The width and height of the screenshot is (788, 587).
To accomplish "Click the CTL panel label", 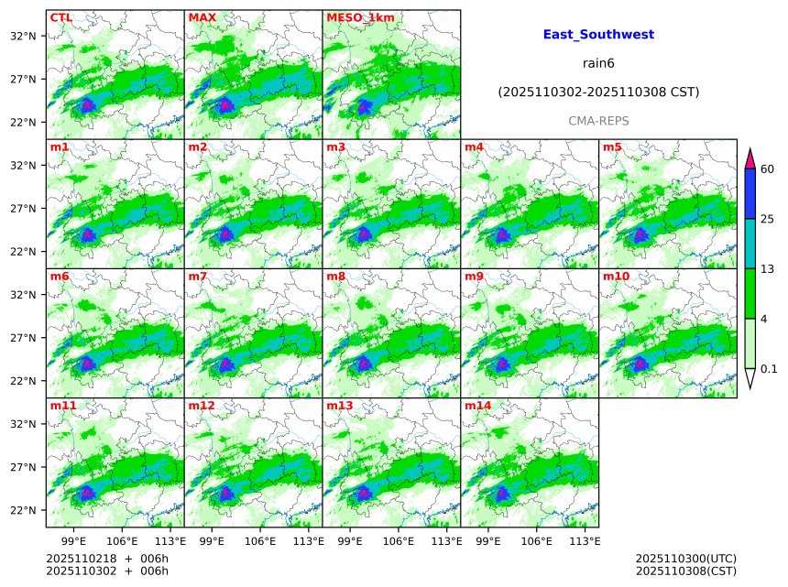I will point(61,17).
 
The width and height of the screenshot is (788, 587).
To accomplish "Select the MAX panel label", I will point(202,17).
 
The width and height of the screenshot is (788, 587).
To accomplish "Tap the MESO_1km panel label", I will point(360,17).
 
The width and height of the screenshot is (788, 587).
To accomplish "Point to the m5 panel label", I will point(612,147).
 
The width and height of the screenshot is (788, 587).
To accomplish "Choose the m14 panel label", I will point(477,405).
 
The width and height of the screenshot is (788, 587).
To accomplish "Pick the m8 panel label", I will point(335,276).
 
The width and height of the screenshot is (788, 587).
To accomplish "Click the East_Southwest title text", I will point(598,35).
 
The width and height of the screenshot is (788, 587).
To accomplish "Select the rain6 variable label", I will point(598,63).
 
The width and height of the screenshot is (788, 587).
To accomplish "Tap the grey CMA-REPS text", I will point(598,121).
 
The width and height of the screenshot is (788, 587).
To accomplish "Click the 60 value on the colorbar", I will point(768,168).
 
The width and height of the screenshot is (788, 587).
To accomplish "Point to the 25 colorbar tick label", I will point(768,219).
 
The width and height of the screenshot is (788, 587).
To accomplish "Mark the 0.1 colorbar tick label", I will point(770,369).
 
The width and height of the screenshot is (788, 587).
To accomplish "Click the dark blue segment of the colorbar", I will point(750,193).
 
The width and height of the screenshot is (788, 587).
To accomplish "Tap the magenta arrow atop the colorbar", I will point(750,158).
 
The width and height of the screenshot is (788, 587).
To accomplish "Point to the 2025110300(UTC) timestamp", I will point(685,559).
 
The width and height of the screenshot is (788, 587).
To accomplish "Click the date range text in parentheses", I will point(598,92).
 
